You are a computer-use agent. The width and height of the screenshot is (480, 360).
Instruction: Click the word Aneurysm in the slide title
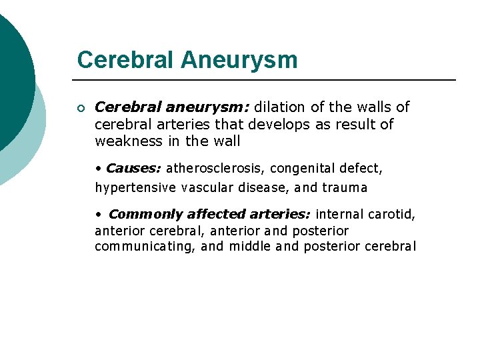coord(239,60)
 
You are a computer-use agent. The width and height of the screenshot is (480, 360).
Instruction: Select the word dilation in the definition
coord(279,107)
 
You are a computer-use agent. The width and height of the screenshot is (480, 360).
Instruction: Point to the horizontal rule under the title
coord(267,80)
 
